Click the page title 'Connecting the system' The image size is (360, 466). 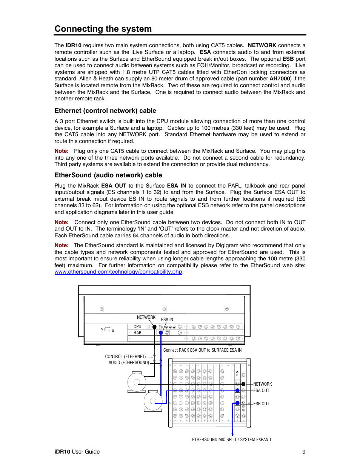[103, 29]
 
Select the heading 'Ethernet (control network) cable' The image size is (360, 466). [105, 111]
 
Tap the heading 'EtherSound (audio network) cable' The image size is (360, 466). [108, 175]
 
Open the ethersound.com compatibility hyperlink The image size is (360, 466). [118, 272]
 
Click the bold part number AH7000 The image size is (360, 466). [280, 79]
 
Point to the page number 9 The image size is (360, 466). [304, 452]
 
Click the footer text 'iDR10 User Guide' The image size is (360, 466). [77, 452]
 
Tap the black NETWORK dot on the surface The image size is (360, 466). [154, 327]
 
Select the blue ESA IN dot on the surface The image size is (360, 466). [161, 333]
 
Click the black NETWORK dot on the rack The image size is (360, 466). [243, 384]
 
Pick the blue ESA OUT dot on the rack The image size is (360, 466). [237, 391]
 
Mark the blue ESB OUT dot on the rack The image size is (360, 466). [237, 403]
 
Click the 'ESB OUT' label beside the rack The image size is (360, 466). [261, 404]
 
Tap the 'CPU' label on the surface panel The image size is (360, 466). [137, 327]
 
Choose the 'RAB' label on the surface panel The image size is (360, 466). [137, 333]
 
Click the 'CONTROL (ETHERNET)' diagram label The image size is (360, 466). [125, 357]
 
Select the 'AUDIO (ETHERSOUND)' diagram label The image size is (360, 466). [129, 363]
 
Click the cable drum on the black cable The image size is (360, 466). [136, 382]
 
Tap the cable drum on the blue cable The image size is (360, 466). [153, 401]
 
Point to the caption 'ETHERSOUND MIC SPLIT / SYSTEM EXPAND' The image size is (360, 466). [231, 440]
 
